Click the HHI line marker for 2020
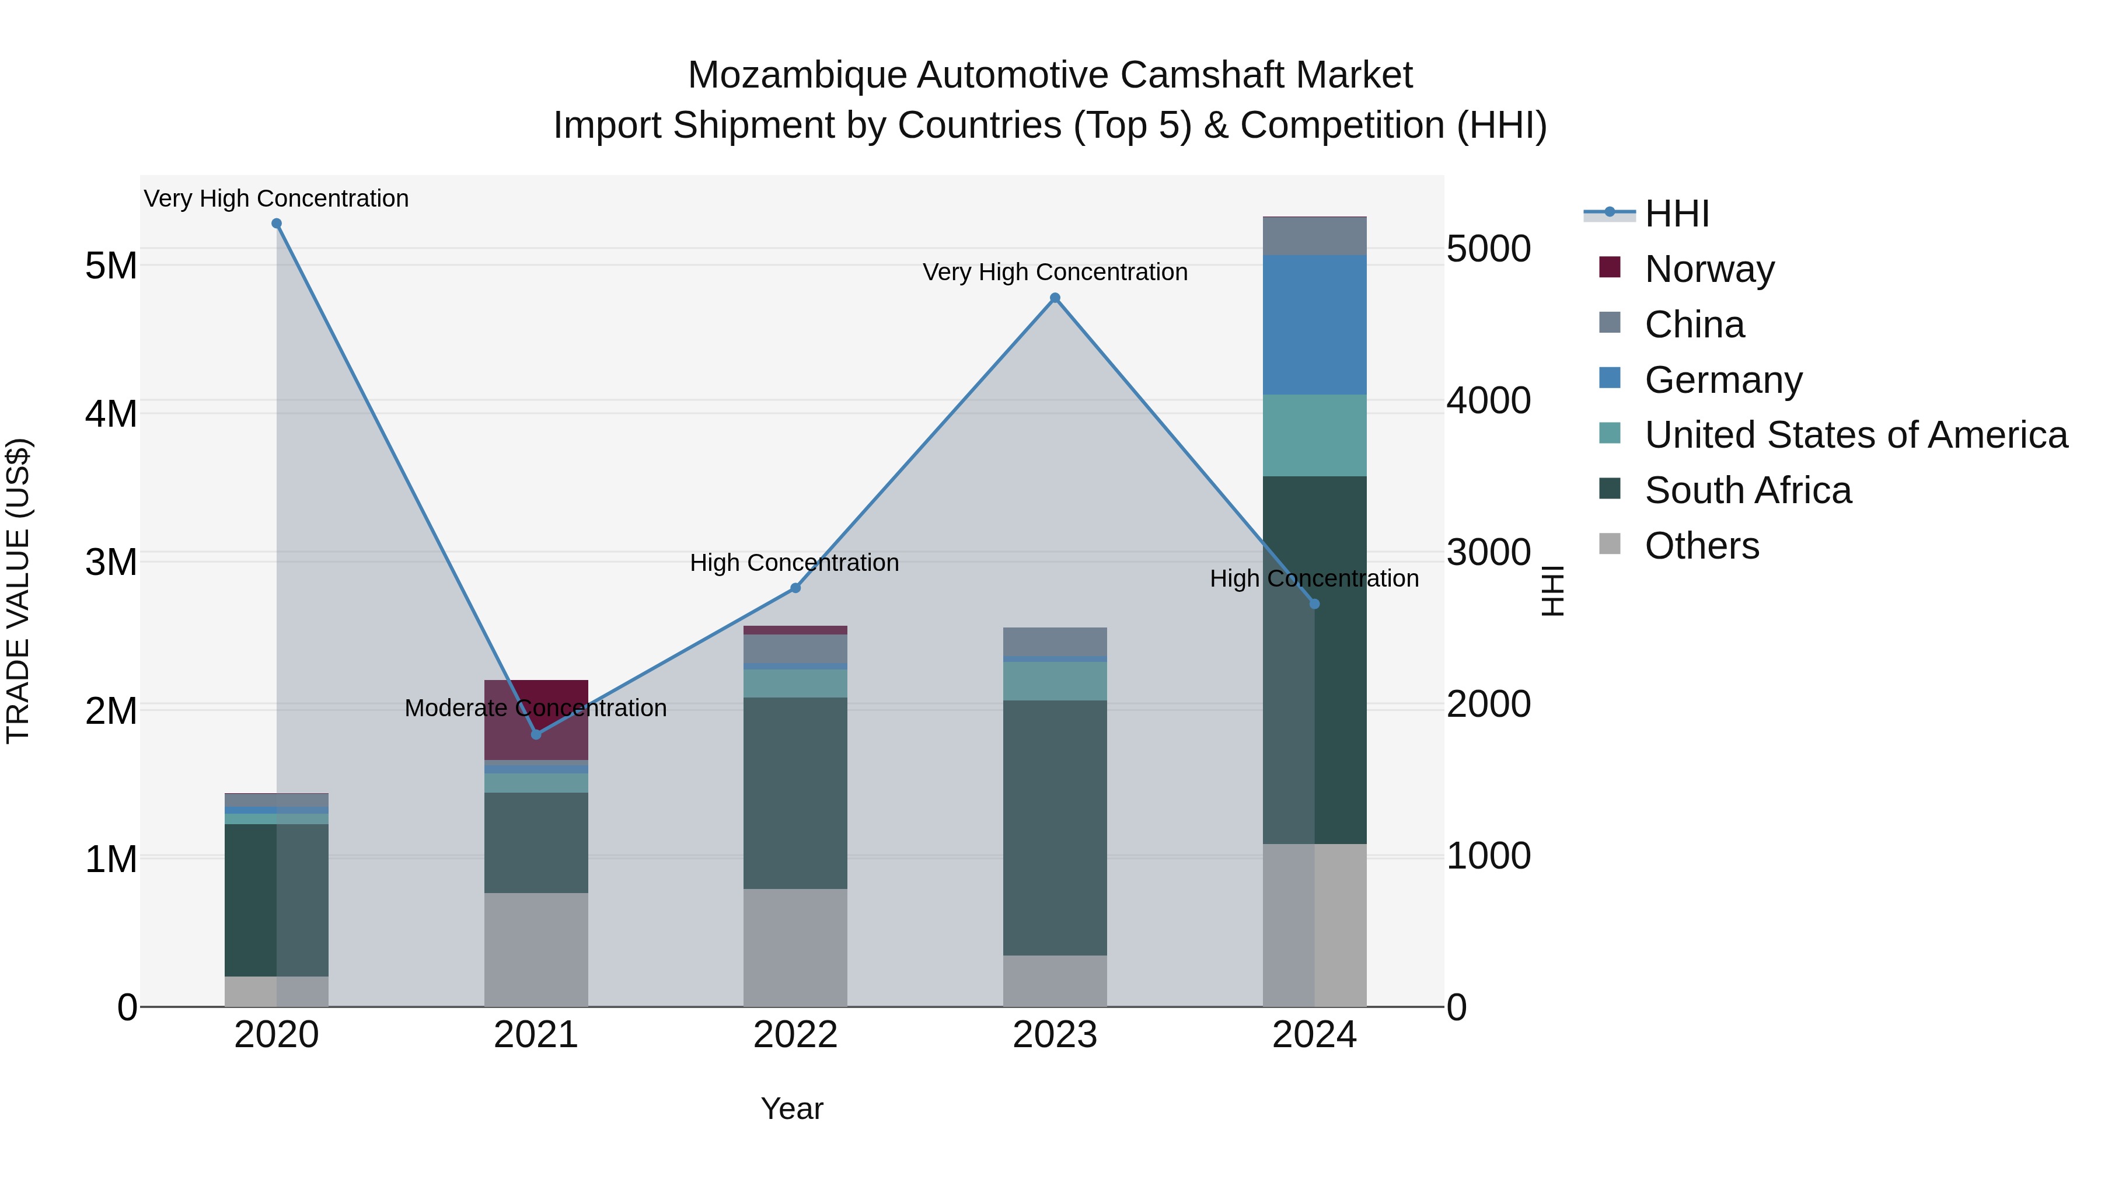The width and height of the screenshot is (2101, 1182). click(x=277, y=224)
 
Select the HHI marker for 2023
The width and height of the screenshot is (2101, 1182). click(x=1055, y=298)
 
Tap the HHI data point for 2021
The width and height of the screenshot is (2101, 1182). click(x=536, y=734)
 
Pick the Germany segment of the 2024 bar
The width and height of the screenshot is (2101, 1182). click(x=1314, y=325)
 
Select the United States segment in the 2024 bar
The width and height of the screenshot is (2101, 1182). click(x=1314, y=435)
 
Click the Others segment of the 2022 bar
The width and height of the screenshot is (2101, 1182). click(x=795, y=947)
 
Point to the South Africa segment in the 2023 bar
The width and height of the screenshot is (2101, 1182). click(x=1055, y=827)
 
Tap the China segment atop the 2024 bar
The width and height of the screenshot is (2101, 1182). click(x=1314, y=236)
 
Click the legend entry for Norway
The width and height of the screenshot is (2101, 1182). click(x=1709, y=269)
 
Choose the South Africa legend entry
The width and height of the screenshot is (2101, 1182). click(x=1747, y=490)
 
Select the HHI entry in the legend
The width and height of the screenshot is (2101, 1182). click(x=1676, y=214)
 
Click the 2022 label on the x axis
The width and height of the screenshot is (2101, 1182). click(x=795, y=1035)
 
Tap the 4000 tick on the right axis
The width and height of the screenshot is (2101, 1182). click(x=1488, y=400)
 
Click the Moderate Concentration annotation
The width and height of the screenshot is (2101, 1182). click(x=535, y=708)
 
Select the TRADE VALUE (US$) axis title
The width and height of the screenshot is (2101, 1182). click(x=18, y=591)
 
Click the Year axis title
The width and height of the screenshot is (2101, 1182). click(x=792, y=1108)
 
